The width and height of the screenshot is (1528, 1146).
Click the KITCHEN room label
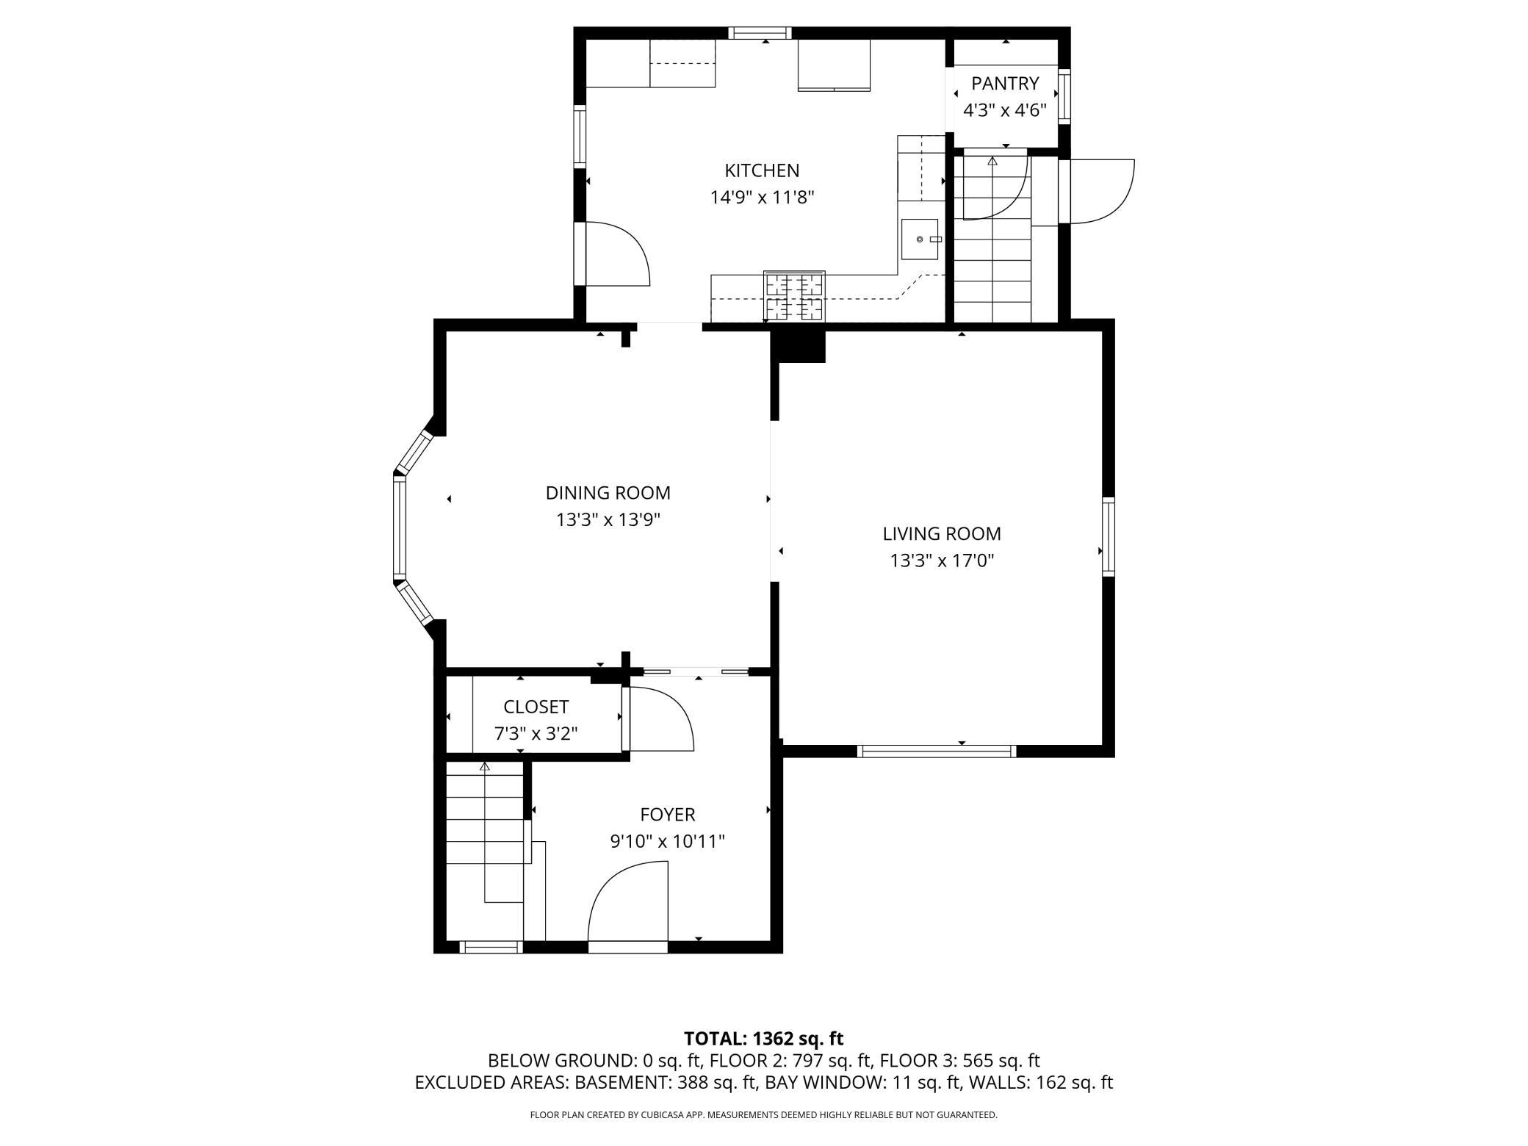click(762, 170)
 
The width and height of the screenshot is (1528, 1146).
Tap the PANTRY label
click(1005, 83)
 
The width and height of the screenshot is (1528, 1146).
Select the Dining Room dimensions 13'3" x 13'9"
click(608, 520)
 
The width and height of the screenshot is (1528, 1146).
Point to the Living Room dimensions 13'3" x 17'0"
click(942, 561)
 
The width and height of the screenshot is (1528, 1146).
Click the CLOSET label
click(536, 707)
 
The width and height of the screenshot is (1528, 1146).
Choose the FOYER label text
click(668, 815)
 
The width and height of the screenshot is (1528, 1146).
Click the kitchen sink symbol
click(920, 239)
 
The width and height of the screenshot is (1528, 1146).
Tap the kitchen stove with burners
click(794, 296)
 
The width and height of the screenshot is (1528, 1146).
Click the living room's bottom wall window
click(937, 751)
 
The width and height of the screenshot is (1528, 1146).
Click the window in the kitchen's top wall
click(760, 33)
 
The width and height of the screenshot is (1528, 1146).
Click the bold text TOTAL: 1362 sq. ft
click(763, 1039)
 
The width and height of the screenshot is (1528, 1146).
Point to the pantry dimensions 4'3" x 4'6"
click(1005, 110)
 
